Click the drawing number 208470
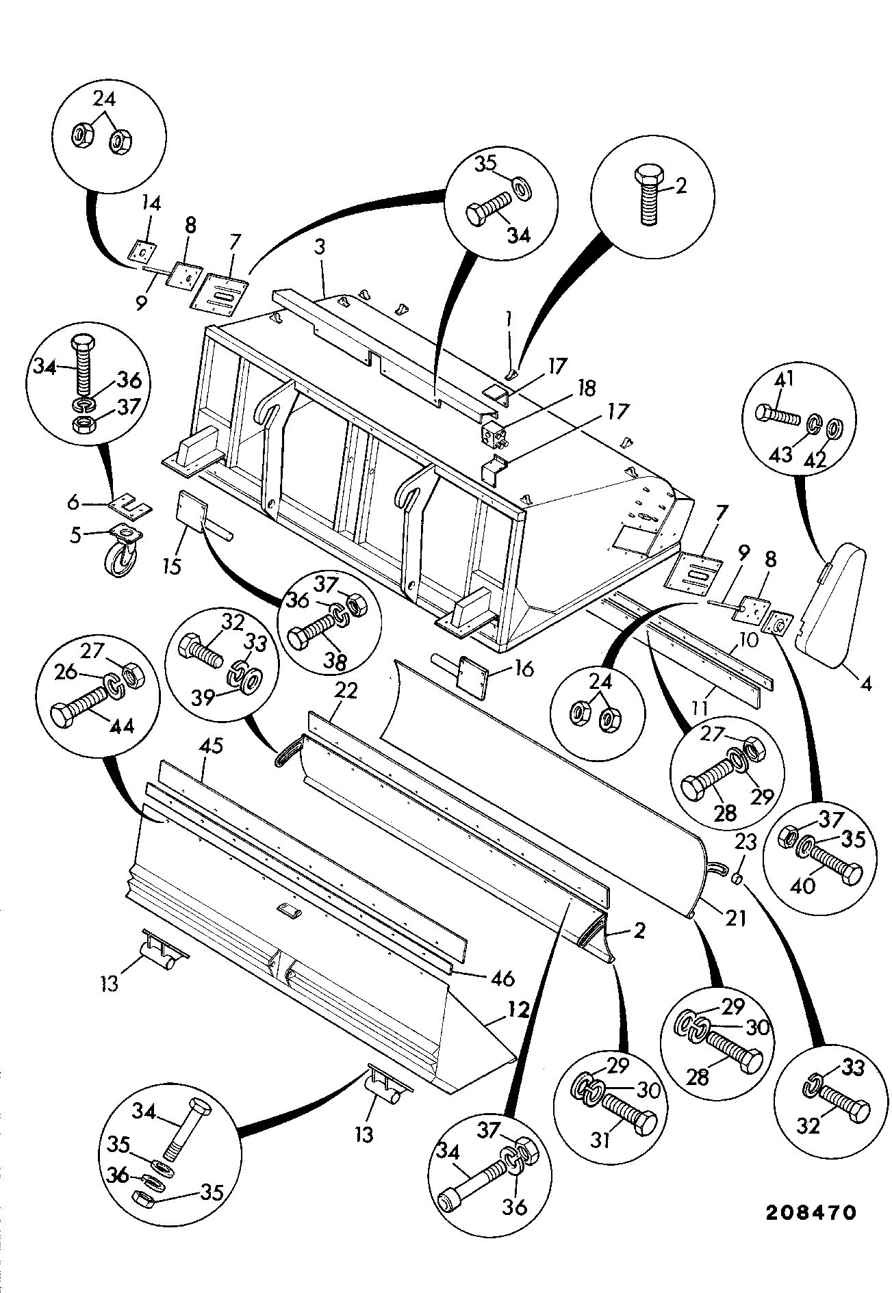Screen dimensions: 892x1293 (811, 1214)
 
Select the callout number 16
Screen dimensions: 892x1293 (523, 668)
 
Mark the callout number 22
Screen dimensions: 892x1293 (347, 691)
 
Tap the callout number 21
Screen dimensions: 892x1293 (735, 918)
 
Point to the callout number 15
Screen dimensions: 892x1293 (172, 567)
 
